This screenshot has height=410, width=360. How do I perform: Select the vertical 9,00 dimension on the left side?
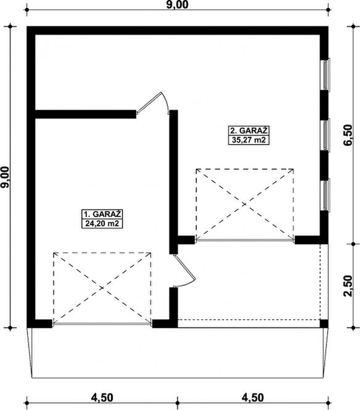point(6,177)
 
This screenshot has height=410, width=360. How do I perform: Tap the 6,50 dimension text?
point(350,134)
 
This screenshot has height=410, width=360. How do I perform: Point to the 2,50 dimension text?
point(350,285)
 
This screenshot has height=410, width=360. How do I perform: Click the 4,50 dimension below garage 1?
point(103,396)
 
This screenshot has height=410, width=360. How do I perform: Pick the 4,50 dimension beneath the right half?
point(253,396)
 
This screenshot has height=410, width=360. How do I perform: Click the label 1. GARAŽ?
point(100,214)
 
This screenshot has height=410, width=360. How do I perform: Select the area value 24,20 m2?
point(100,224)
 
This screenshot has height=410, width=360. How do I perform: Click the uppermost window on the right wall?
point(327,75)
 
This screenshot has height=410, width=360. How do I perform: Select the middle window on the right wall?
point(327,134)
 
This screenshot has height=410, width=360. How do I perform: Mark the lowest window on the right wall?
point(327,194)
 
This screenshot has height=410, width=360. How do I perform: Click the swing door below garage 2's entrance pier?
point(185,271)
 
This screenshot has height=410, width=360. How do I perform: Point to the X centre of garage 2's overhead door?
point(245,203)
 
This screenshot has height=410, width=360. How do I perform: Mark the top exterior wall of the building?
point(179,30)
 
